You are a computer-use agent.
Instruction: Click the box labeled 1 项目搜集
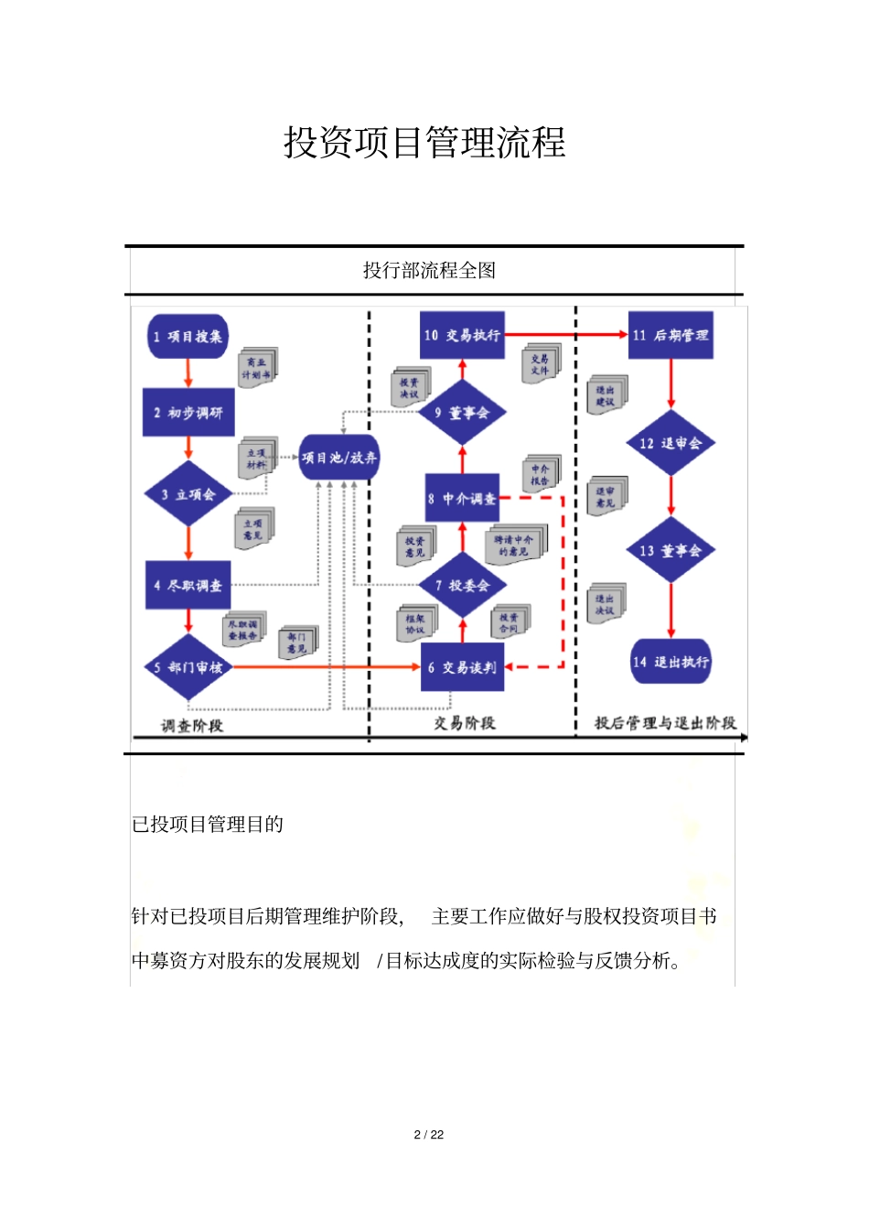pyautogui.click(x=188, y=336)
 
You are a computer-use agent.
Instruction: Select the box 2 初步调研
pyautogui.click(x=188, y=413)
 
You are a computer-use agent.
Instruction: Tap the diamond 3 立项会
pyautogui.click(x=188, y=494)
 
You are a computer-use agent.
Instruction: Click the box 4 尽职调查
pyautogui.click(x=188, y=585)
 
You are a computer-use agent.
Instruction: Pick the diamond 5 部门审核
pyautogui.click(x=188, y=667)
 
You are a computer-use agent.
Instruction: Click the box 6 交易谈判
pyautogui.click(x=462, y=667)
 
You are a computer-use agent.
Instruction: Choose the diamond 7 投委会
pyautogui.click(x=463, y=585)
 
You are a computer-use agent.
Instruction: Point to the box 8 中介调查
pyautogui.click(x=462, y=499)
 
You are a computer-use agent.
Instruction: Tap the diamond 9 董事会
pyautogui.click(x=463, y=413)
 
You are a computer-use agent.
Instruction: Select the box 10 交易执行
pyautogui.click(x=462, y=335)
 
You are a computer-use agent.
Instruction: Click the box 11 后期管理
pyautogui.click(x=671, y=335)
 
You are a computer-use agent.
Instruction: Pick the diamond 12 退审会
pyautogui.click(x=671, y=443)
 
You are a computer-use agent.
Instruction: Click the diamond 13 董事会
pyautogui.click(x=671, y=550)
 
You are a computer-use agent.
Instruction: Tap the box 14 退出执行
pyautogui.click(x=671, y=662)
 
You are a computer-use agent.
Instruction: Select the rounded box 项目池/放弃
pyautogui.click(x=339, y=458)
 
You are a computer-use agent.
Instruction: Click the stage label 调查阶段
pyautogui.click(x=192, y=726)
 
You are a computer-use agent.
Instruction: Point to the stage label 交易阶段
pyautogui.click(x=465, y=723)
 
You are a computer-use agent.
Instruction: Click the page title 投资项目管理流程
pyautogui.click(x=424, y=143)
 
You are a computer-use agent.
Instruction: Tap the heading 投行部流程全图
pyautogui.click(x=429, y=270)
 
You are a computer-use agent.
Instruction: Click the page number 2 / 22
pyautogui.click(x=429, y=1135)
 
